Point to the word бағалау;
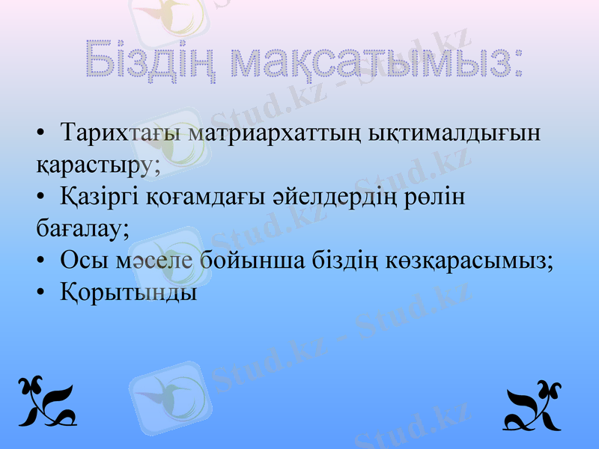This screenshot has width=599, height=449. point(82,227)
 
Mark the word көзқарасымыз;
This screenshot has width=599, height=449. point(470,260)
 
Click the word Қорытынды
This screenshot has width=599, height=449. point(129,292)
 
